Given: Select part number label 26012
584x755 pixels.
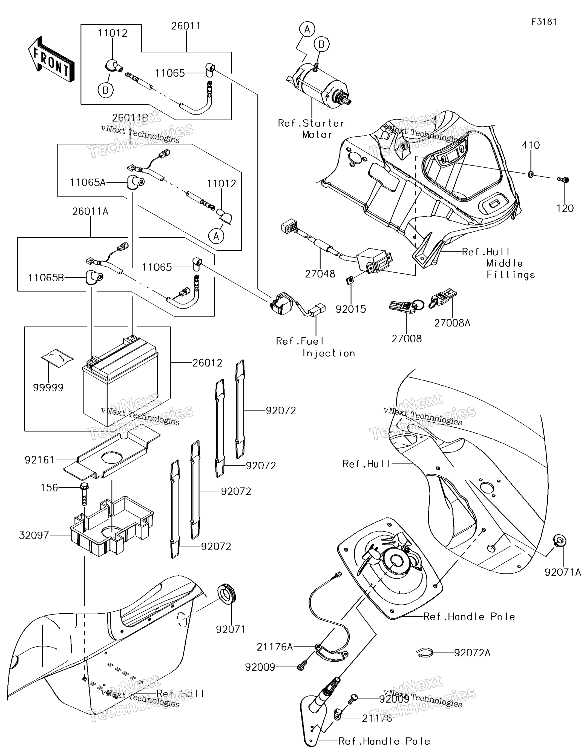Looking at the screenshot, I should point(207,363).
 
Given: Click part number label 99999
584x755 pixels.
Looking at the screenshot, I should point(48,388).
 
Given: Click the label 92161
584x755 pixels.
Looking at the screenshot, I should point(39,460).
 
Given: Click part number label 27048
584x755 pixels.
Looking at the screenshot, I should point(320,274).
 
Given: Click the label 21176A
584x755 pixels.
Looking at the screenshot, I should point(275,647).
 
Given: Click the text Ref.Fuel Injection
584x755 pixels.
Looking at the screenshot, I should point(315,347).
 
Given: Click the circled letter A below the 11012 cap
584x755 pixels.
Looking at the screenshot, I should point(216,236).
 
